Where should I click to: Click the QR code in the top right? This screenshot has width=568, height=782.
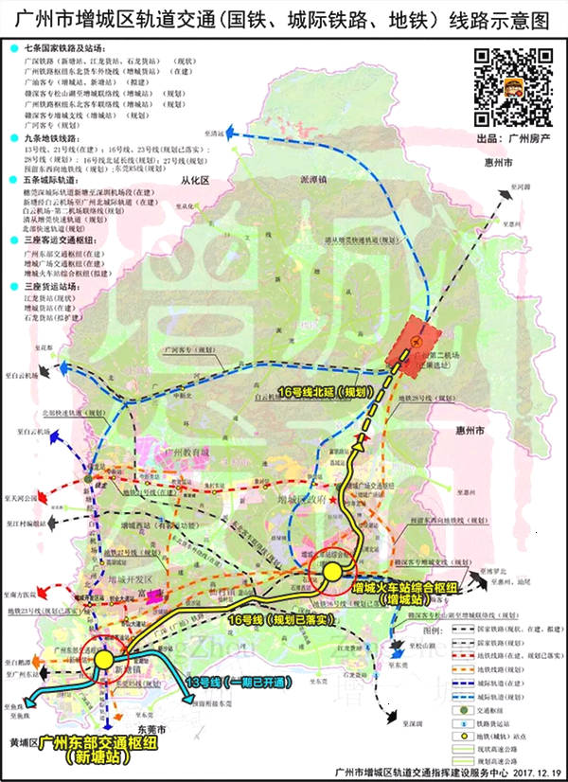(511, 87)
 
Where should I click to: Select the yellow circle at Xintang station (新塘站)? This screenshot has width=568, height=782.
(102, 660)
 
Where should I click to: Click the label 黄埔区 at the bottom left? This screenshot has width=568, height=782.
(20, 743)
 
